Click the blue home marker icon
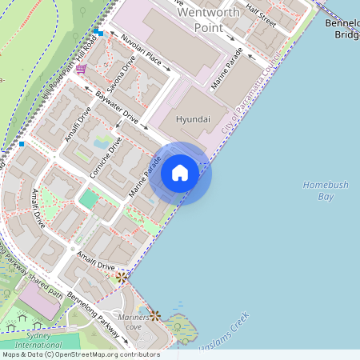tap(180, 173)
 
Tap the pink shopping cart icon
tap(81, 70)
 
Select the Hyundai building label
tap(192, 118)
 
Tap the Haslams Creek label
tap(233, 330)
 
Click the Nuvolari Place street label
tap(142, 54)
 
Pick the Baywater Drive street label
tap(117, 109)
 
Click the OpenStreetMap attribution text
tap(80, 354)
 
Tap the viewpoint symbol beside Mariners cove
tap(154, 316)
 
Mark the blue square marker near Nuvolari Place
tap(98, 32)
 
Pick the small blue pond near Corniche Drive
tap(102, 143)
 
